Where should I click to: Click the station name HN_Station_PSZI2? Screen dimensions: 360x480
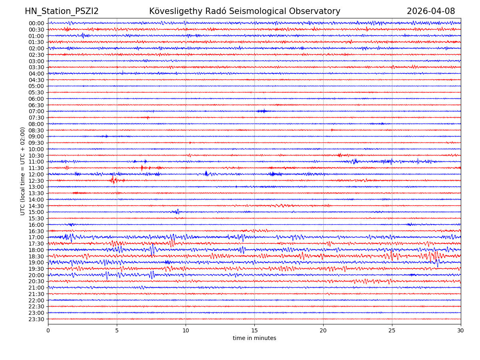62,11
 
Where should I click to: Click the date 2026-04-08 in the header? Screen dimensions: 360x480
431,11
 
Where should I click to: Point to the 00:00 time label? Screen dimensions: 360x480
36,23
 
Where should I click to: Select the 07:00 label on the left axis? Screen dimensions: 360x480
36,111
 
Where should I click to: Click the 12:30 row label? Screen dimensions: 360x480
36,180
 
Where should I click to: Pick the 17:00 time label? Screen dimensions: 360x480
36,237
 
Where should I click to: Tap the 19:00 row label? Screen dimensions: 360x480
36,262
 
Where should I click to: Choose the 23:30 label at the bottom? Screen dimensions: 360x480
36,319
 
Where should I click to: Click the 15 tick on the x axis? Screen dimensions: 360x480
254,331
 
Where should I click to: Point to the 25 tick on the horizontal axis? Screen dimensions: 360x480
392,331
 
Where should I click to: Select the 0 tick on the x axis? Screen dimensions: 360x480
48,331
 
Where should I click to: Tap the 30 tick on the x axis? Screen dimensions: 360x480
461,331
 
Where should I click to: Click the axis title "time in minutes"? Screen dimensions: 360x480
254,338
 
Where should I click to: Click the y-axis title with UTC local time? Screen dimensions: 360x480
23,171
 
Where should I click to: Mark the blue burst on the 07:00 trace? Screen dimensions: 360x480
262,111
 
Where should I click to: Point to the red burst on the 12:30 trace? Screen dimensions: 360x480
114,180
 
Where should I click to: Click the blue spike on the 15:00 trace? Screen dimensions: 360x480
177,212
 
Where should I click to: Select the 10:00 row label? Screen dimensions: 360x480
36,149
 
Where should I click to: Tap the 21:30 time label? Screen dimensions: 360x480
36,294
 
